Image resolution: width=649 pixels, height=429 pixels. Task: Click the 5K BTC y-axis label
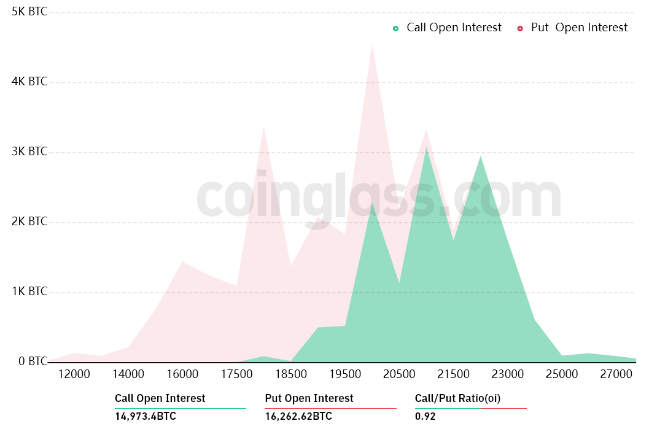(29, 12)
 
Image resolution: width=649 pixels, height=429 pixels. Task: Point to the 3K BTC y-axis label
(29, 152)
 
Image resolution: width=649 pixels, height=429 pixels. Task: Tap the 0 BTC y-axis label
(29, 361)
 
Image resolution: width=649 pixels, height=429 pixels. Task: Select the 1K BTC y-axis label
(29, 292)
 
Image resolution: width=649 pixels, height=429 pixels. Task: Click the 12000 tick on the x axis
(74, 374)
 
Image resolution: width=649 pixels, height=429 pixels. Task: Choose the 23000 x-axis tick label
(507, 374)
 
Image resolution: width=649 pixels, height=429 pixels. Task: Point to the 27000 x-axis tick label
(616, 374)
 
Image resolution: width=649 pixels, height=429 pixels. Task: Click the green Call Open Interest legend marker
(396, 28)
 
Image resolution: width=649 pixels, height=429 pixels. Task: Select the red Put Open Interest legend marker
(520, 28)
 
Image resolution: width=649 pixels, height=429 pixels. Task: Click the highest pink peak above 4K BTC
(372, 44)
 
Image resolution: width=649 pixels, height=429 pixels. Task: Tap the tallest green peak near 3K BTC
(426, 147)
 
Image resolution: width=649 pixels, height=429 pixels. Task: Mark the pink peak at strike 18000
(263, 128)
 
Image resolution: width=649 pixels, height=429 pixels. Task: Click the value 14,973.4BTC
(146, 417)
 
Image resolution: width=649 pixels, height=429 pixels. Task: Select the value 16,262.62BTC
(298, 417)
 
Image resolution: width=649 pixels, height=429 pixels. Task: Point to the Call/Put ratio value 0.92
(426, 417)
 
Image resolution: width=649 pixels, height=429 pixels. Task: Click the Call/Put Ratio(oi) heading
(457, 398)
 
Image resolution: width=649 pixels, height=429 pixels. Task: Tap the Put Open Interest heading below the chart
(309, 398)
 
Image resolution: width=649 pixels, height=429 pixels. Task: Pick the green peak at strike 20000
(372, 203)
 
